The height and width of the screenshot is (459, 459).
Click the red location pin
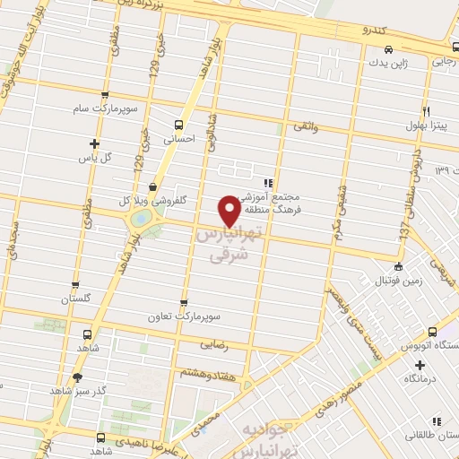tap(230, 210)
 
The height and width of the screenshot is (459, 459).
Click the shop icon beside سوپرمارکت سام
tap(106, 95)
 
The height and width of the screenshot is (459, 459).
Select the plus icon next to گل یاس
tap(94, 143)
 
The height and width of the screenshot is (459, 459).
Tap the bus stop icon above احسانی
tap(179, 125)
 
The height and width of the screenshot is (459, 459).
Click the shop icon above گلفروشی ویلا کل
tap(153, 186)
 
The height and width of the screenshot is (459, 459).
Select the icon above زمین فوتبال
tap(398, 265)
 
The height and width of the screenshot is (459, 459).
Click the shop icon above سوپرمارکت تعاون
tap(184, 304)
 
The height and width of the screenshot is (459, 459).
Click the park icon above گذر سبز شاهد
tap(77, 377)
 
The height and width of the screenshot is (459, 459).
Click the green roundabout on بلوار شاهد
tap(141, 218)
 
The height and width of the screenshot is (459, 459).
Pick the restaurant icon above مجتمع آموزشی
tap(268, 183)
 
